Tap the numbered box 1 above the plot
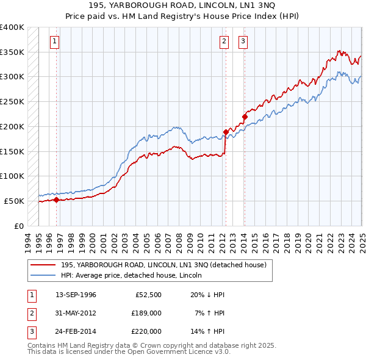55,41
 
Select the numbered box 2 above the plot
224,41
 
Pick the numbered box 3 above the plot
243,41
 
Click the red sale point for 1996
56,199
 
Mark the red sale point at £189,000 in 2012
226,131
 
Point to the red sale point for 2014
244,116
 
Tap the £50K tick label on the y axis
15,201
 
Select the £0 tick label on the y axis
19,226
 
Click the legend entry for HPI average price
135,275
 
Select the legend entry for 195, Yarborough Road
163,265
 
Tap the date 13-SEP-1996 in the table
76,295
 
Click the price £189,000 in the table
146,313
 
